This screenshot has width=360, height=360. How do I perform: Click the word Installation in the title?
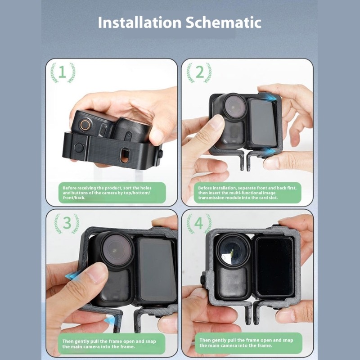[139, 22]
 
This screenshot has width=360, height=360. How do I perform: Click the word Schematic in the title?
[223, 22]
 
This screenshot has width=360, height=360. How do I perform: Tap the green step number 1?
[63, 72]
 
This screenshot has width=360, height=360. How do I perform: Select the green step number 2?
[199, 72]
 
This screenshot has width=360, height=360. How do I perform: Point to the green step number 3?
[67, 222]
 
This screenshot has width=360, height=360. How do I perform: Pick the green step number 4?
[199, 223]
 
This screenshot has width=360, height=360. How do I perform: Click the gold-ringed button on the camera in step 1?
[85, 125]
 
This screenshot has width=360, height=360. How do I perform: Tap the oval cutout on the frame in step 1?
[125, 155]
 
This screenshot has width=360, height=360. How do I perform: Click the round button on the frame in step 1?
[79, 148]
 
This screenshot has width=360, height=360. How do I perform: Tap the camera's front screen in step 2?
[262, 122]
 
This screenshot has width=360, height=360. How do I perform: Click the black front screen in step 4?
[275, 267]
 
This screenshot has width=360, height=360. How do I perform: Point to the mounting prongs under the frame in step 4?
[252, 313]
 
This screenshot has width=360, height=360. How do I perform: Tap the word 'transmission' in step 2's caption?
[211, 198]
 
